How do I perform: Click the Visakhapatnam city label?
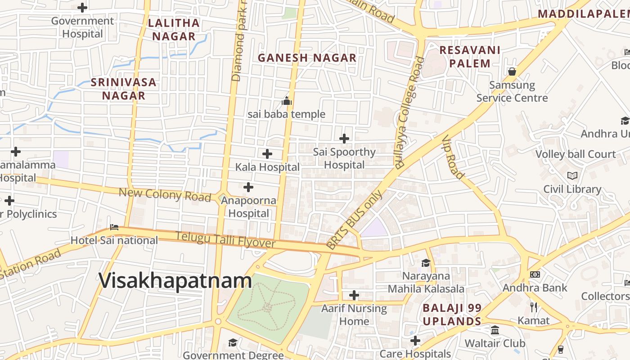175,281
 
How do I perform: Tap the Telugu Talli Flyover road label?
225,240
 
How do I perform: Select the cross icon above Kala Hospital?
267,154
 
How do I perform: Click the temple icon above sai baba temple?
287,101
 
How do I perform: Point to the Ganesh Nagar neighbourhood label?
307,58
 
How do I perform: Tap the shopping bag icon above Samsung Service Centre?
512,72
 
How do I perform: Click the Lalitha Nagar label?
173,30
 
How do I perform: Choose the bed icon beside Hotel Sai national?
114,227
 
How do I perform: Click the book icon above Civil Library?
572,175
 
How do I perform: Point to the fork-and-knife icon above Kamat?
534,307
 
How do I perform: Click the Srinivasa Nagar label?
123,89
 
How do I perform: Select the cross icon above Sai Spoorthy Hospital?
344,139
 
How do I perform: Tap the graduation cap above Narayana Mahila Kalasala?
426,263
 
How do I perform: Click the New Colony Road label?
165,195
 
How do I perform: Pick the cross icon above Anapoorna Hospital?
248,187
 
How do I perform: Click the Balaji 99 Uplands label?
452,315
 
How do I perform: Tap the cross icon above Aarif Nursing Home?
354,295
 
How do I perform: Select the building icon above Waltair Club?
495,330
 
